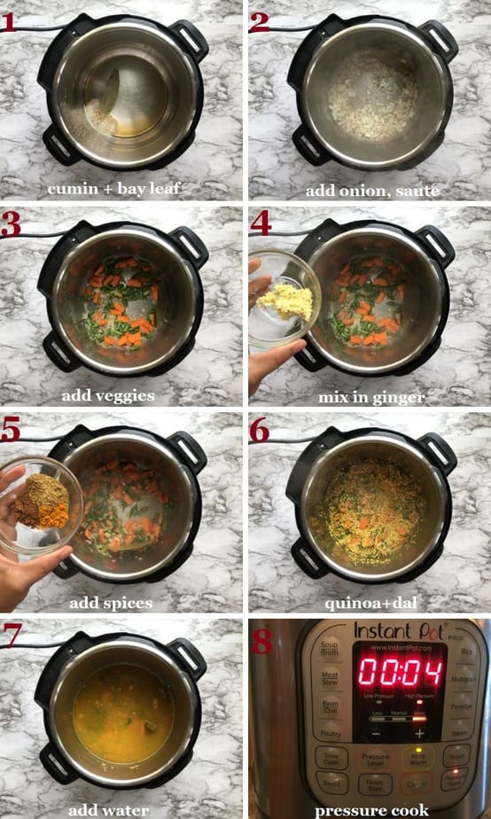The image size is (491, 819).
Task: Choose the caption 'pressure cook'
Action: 372,809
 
